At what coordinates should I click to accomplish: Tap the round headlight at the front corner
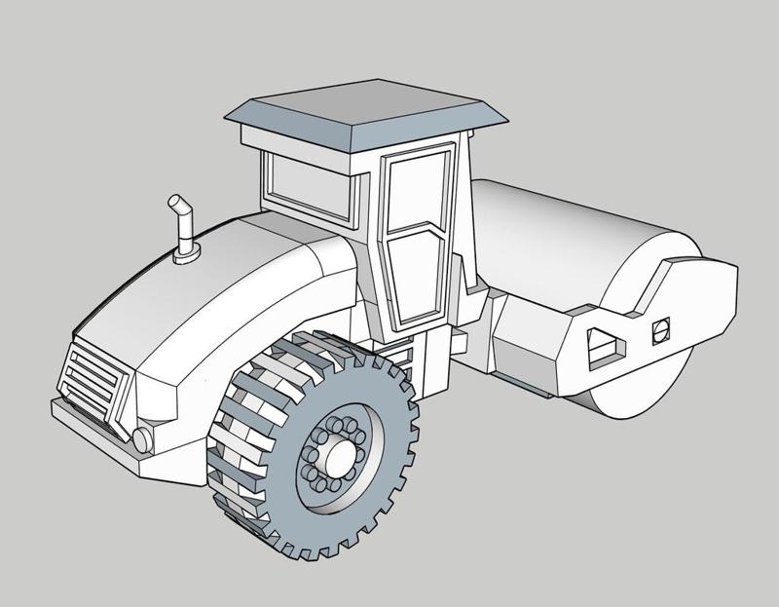tap(144, 439)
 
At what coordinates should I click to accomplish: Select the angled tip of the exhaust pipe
tap(177, 206)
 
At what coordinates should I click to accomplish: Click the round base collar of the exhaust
tap(186, 255)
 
